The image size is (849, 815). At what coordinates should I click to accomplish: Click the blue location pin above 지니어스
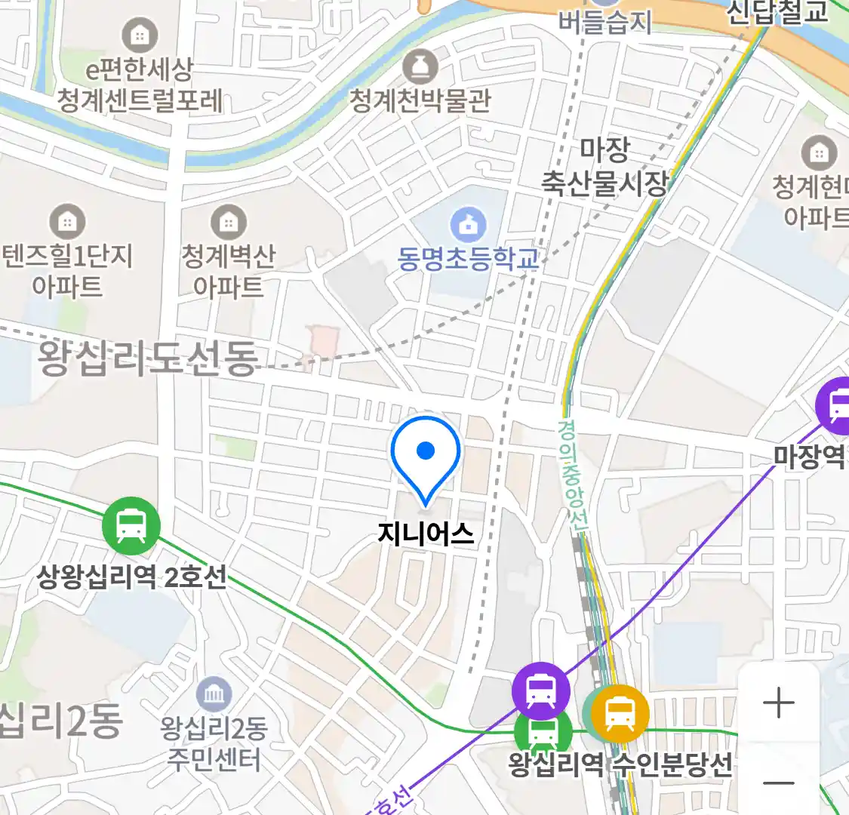click(x=426, y=454)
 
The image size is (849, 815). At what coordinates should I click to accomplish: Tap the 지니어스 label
click(x=426, y=534)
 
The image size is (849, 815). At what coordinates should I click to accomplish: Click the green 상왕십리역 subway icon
click(x=131, y=525)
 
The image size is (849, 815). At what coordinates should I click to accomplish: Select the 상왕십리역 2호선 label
click(x=131, y=577)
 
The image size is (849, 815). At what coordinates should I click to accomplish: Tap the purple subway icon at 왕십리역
click(x=540, y=690)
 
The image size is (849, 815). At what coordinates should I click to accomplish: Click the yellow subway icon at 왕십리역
click(x=620, y=713)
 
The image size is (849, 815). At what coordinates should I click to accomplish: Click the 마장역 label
click(x=809, y=456)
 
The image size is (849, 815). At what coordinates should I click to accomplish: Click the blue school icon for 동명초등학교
click(x=468, y=224)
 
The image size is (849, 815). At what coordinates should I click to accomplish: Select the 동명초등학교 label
click(x=468, y=259)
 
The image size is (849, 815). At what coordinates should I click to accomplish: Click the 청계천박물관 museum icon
click(x=420, y=67)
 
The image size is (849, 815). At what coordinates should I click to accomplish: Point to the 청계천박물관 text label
click(x=420, y=100)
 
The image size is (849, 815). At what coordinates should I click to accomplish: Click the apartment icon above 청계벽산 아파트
click(x=228, y=222)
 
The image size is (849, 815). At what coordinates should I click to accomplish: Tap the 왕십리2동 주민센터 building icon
click(x=214, y=694)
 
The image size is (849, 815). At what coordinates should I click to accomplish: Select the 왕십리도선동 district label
click(x=148, y=358)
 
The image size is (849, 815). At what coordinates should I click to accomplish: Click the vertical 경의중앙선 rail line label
click(x=571, y=474)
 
